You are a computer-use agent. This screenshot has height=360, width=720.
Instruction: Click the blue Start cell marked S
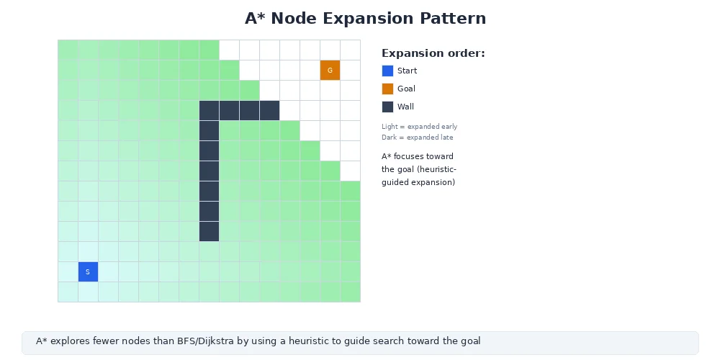click(x=88, y=271)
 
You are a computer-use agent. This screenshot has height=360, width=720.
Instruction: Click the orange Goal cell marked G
click(x=330, y=70)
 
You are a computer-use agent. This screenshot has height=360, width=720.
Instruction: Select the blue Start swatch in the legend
click(x=387, y=71)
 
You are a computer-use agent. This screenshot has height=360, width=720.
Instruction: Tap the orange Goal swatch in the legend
click(x=387, y=89)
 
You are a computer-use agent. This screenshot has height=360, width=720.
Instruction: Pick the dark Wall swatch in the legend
click(x=387, y=107)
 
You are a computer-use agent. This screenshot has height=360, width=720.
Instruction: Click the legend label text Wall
click(x=405, y=107)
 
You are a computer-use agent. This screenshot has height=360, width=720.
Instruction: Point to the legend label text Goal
click(x=406, y=89)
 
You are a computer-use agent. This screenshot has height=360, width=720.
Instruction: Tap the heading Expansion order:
click(x=433, y=53)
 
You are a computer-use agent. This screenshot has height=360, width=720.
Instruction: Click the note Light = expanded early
click(x=419, y=127)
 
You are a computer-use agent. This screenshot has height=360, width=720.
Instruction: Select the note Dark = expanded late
click(x=418, y=137)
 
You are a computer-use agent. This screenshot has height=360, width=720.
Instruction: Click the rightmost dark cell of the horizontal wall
click(x=269, y=110)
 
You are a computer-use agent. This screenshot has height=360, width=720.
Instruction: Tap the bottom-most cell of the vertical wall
click(x=209, y=231)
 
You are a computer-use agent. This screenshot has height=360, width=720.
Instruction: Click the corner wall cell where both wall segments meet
click(x=209, y=110)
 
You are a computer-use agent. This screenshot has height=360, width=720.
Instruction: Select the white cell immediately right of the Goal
click(x=350, y=70)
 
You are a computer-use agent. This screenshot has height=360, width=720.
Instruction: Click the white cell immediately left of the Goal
click(x=310, y=70)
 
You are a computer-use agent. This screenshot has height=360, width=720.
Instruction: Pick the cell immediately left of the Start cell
click(x=68, y=271)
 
